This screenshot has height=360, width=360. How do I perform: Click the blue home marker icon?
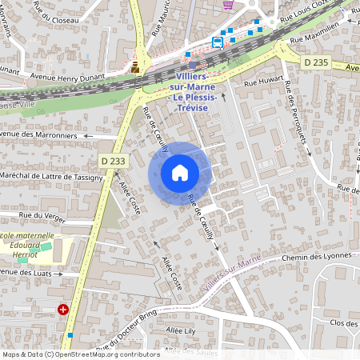click(x=180, y=173)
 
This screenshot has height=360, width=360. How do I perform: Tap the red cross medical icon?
click(x=63, y=310)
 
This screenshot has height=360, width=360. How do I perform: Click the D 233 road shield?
click(x=114, y=161)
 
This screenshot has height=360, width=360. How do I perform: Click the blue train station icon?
click(x=218, y=42)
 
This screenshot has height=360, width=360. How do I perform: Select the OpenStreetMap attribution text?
click(x=80, y=354)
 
